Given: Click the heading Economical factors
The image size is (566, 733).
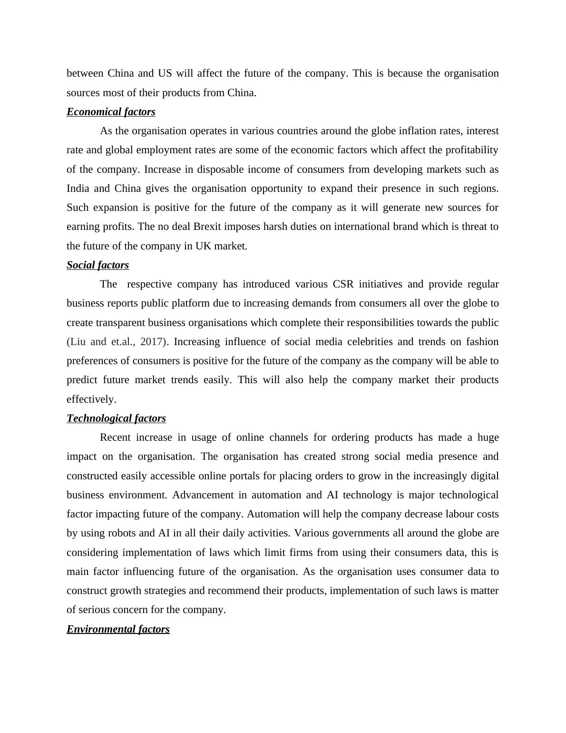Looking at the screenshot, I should coord(111,112).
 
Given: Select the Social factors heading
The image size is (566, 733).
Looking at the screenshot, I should coord(98,265).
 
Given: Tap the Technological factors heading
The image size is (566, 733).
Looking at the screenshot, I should coord(116,418).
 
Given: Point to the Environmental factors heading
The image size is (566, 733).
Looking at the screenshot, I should coord(118,629).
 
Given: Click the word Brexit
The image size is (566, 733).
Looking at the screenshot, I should coord(207,227).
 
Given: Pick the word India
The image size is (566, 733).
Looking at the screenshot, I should coord(78,188).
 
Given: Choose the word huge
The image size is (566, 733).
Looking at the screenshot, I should coord(488,437).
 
